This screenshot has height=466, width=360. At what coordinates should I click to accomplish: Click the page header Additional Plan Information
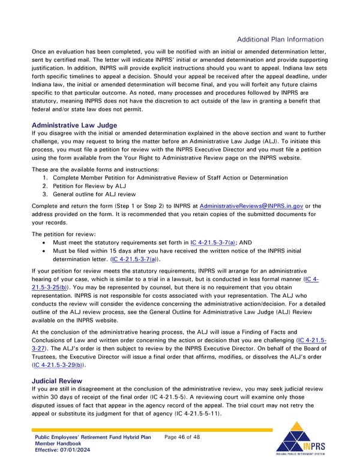click(280, 40)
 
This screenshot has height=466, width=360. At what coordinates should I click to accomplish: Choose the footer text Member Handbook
click(58, 444)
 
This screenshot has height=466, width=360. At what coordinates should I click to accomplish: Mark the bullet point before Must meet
click(46, 243)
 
